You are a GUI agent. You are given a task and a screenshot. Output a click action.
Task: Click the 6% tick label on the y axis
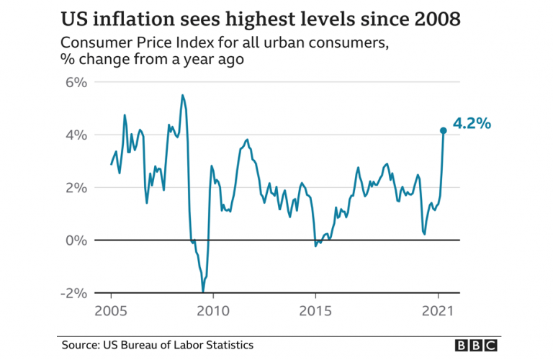[76, 82]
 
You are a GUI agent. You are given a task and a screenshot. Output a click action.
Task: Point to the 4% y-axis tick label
[76, 135]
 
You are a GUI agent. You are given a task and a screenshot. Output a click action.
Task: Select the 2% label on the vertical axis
[76, 187]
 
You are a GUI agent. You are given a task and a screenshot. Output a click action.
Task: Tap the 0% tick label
[76, 240]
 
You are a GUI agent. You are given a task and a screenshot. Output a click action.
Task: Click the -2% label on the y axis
[73, 293]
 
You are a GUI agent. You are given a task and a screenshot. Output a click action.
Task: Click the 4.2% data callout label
[472, 124]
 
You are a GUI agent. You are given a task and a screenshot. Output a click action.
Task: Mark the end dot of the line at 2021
[444, 130]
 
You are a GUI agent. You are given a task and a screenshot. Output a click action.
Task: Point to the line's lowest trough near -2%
[203, 291]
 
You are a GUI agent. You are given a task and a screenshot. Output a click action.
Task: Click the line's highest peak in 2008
[182, 95]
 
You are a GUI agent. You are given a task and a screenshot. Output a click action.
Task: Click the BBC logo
[477, 346]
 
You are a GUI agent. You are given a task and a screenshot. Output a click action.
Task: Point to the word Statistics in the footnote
[228, 346]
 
